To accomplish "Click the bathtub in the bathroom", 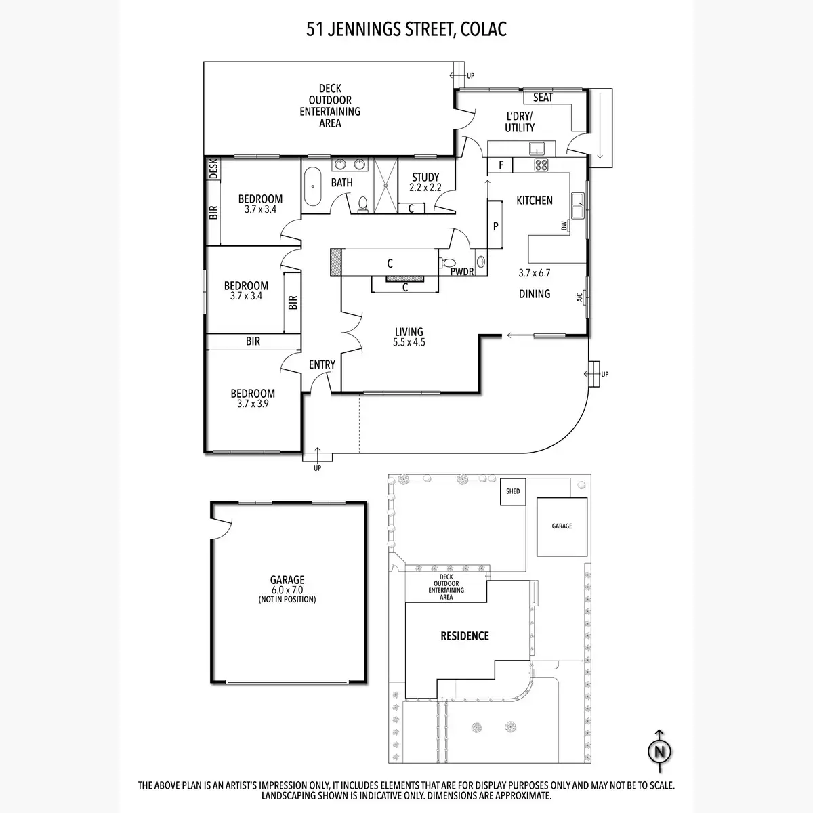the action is tap(312, 186).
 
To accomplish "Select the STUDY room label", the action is tap(425, 178).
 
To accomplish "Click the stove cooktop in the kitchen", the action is tap(541, 165).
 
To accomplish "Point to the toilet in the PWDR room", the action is tap(446, 263).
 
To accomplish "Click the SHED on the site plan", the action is tap(513, 491).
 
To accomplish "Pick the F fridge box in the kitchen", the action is tap(501, 165).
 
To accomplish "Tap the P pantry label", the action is tap(496, 226).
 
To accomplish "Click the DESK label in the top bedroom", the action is tap(213, 168).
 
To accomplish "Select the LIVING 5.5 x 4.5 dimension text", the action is tap(409, 342).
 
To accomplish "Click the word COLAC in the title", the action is tap(484, 30).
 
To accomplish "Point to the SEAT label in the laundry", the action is tap(543, 98).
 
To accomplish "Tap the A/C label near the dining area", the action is tap(580, 298).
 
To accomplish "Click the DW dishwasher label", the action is tap(564, 226).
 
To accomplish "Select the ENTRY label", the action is tap(322, 364).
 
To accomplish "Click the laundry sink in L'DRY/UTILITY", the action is tap(537, 149).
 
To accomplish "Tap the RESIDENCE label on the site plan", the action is tap(465, 635).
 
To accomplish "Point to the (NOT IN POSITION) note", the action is tap(287, 599).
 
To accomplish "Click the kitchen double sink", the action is tap(578, 205).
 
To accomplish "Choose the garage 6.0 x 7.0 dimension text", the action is tap(287, 590).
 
